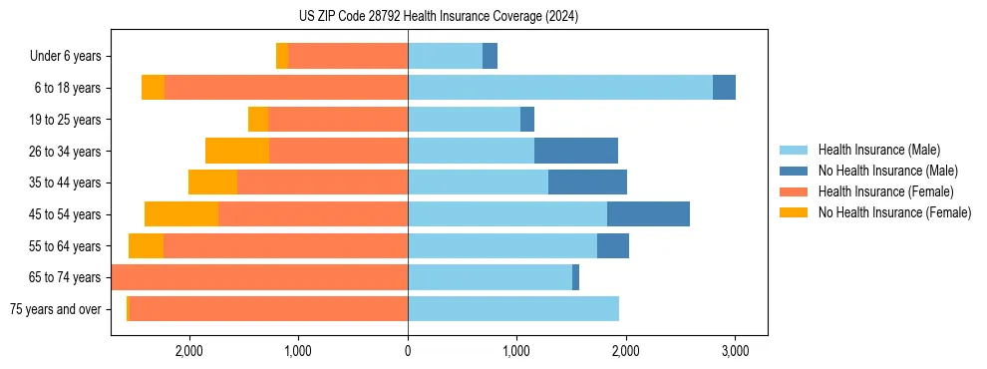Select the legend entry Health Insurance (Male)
878,150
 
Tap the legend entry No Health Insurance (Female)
894,212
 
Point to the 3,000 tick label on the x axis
735,351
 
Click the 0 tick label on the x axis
408,351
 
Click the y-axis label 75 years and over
55,309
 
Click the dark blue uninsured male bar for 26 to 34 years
576,151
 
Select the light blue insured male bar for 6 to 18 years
560,88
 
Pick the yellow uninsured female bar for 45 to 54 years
181,213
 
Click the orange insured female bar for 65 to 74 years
259,277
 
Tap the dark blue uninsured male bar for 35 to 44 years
587,183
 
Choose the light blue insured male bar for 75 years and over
513,309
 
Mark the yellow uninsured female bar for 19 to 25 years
258,120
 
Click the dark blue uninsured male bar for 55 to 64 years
613,245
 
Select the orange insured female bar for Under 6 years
348,57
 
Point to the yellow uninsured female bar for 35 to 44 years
212,183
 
